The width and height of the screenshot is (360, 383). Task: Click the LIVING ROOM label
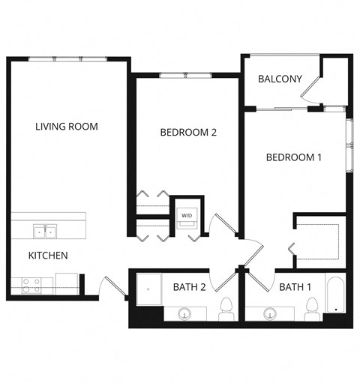(67, 126)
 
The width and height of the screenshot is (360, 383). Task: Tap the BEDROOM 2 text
(188, 133)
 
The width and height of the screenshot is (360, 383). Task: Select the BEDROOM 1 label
(294, 157)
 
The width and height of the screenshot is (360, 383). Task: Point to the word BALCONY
(280, 79)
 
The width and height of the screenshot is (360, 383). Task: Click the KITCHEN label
(48, 256)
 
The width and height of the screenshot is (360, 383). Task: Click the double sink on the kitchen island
(43, 230)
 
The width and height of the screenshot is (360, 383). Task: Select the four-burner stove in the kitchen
(31, 285)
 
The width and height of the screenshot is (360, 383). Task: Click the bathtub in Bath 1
(335, 295)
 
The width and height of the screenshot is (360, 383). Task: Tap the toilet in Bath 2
(226, 309)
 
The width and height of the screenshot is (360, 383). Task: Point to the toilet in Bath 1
(313, 309)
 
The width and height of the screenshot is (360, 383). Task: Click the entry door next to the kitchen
(110, 287)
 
